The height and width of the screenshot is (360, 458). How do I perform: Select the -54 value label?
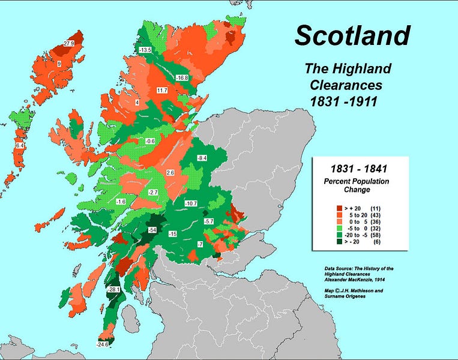coord(153,230)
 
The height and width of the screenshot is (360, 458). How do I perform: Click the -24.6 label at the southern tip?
coord(104,344)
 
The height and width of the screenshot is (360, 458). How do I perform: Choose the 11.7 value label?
coord(161,91)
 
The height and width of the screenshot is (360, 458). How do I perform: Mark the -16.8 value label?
coord(182,78)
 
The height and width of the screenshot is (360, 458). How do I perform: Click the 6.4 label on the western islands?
coord(20,146)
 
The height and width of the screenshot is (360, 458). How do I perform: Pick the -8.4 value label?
coord(202,158)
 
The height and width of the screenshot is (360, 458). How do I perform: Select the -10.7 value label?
coord(191,204)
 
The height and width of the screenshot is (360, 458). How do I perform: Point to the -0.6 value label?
coord(150,141)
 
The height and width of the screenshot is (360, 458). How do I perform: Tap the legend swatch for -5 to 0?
coord(339,229)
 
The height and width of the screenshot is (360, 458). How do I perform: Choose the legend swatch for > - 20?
coord(339,243)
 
